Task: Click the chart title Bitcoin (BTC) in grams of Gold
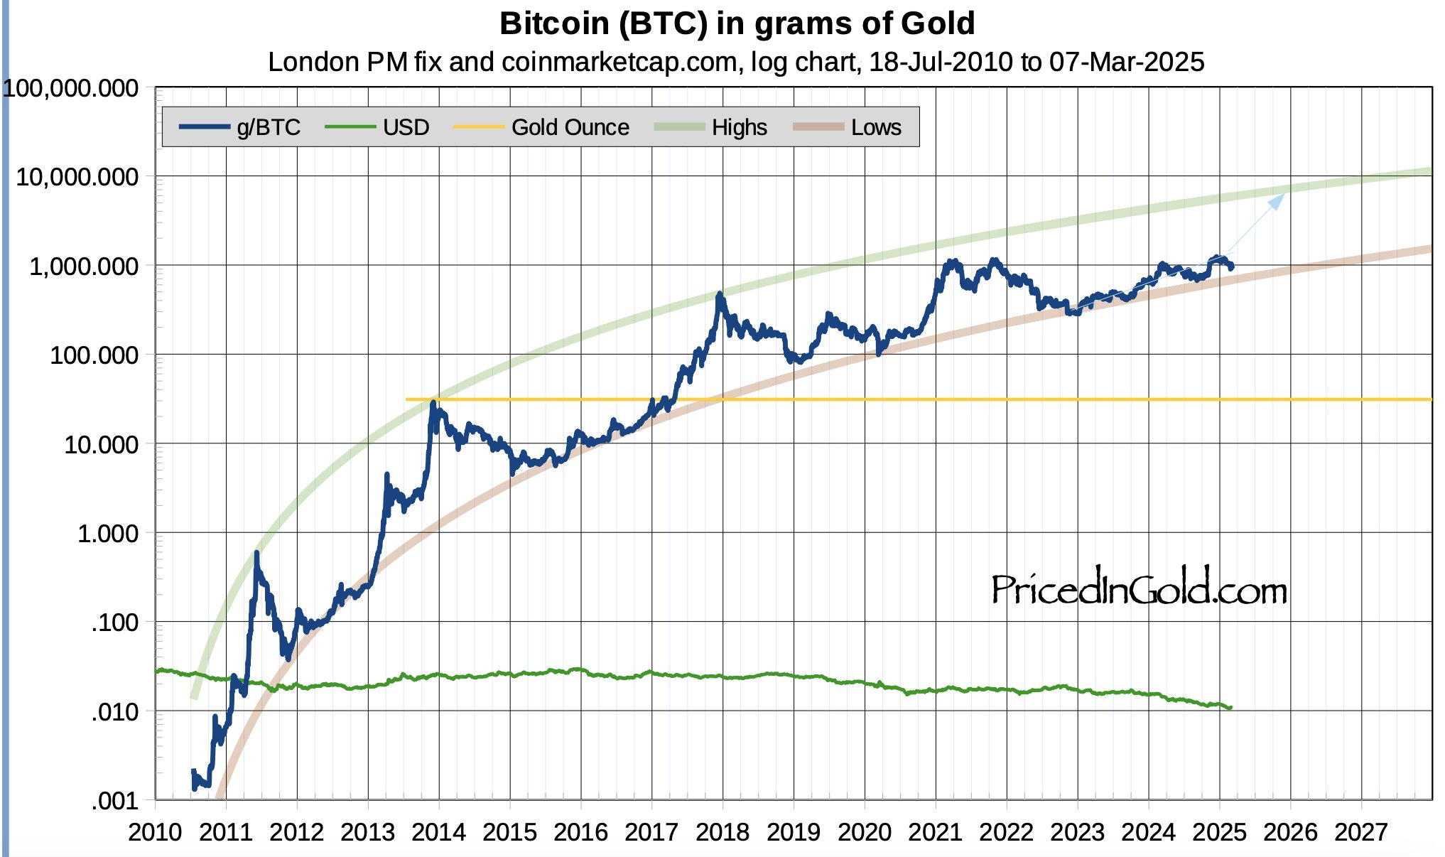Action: [x=737, y=23]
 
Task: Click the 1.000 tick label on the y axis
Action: [x=107, y=534]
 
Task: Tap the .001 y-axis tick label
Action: [x=114, y=801]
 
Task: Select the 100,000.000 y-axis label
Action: [x=71, y=88]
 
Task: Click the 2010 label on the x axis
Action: [x=154, y=832]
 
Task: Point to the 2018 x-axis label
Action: [x=722, y=832]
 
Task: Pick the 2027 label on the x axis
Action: [x=1360, y=832]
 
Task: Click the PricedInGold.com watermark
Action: [x=1138, y=589]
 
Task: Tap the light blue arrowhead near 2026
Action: [x=1277, y=201]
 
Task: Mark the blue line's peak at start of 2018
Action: [x=720, y=293]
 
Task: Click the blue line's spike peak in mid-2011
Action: [x=256, y=552]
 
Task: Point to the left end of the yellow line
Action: [x=407, y=399]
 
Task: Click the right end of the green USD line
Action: [x=1230, y=708]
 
